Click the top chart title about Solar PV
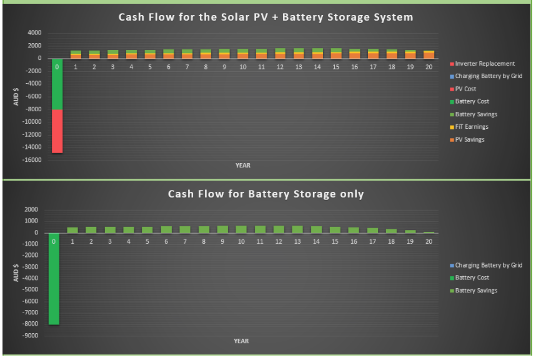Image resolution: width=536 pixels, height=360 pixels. [266, 17]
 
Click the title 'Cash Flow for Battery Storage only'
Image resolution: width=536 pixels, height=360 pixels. [266, 194]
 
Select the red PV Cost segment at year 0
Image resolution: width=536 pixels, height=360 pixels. [57, 131]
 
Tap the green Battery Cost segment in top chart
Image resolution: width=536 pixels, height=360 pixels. [57, 84]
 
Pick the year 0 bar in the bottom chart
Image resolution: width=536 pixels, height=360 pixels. [54, 279]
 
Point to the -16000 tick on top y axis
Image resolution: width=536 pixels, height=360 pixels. [32, 159]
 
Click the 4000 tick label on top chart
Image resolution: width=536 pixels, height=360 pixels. [34, 33]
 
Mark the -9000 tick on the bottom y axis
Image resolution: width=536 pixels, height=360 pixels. [31, 336]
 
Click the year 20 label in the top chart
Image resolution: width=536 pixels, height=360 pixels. [429, 67]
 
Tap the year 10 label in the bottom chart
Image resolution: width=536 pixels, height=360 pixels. [241, 241]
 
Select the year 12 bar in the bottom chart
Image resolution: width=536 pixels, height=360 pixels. [279, 229]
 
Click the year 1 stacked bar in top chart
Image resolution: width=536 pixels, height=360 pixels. [76, 55]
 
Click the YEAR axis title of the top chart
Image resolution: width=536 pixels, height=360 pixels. [243, 166]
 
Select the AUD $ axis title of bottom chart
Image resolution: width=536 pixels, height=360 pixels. [16, 273]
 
